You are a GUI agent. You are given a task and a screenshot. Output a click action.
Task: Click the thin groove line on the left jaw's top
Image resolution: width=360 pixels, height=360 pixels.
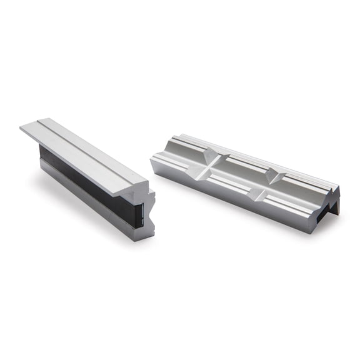tap(87, 141)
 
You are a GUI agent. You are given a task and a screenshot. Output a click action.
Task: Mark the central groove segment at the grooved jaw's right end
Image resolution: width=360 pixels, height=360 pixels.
tap(300, 187)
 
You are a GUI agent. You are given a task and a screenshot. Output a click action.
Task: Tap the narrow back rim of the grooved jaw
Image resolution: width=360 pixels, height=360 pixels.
tap(250, 150)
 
